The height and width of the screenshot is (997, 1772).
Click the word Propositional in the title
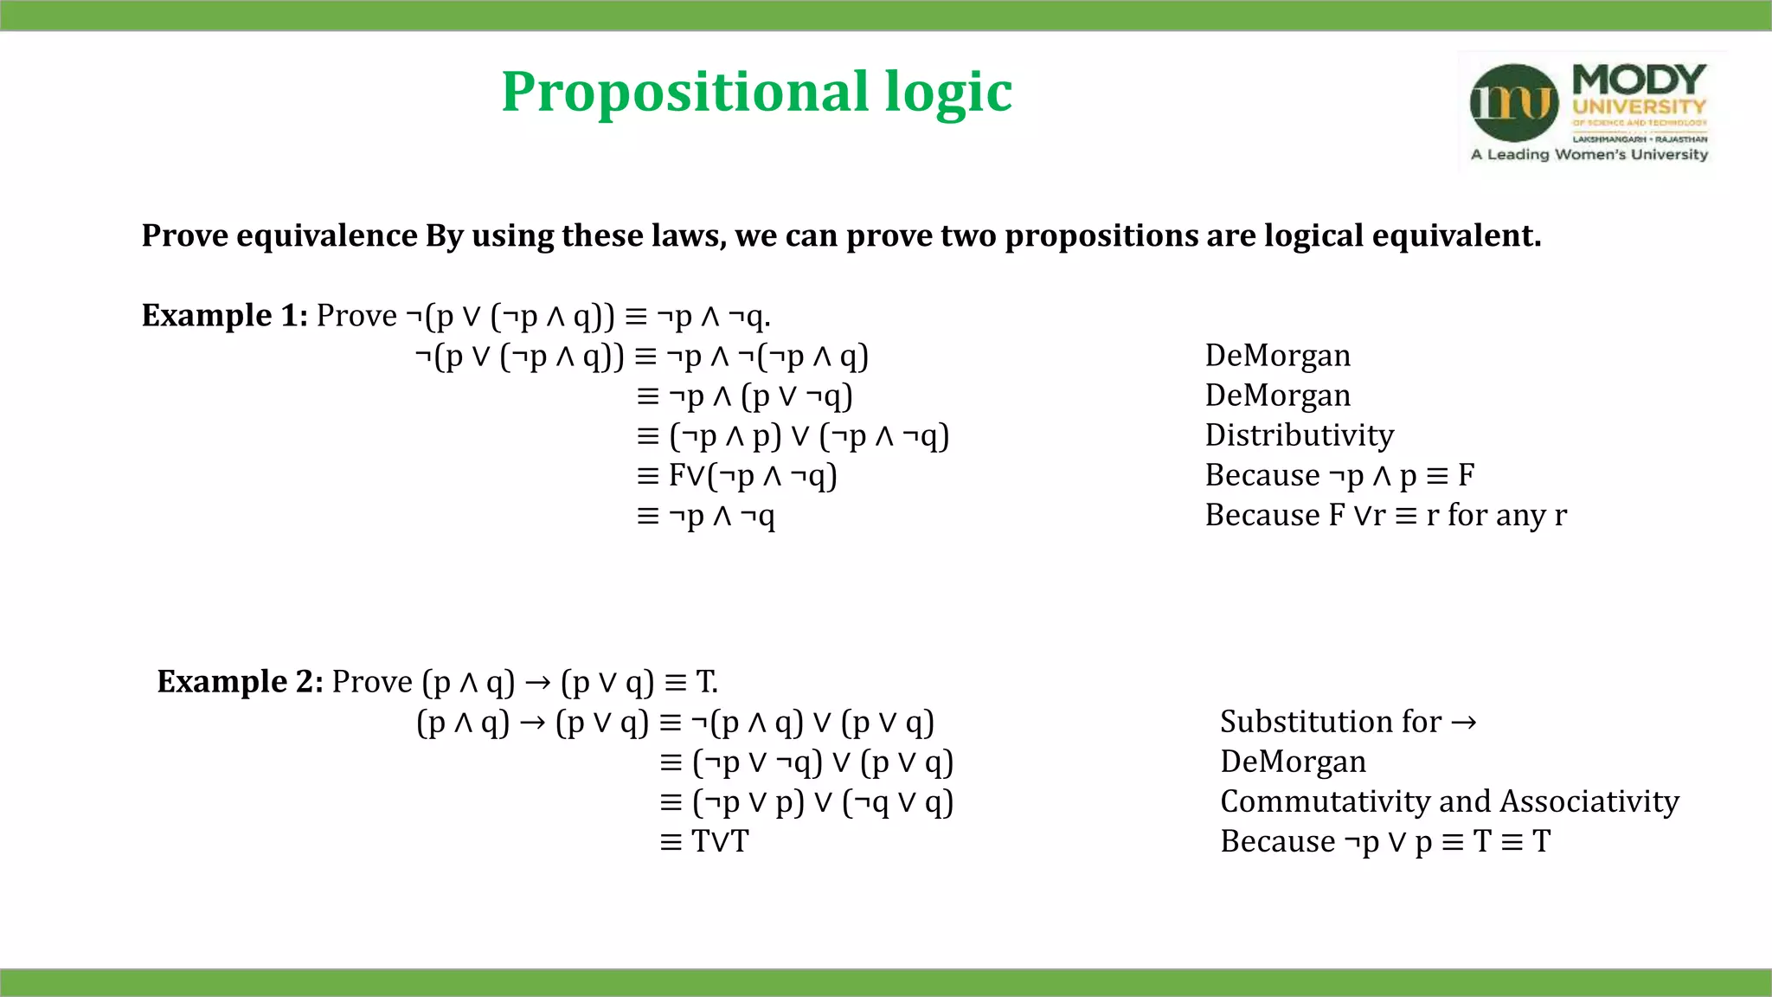tap(684, 92)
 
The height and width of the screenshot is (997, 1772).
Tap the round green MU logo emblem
tap(1514, 103)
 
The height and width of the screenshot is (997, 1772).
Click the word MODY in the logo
tap(1639, 80)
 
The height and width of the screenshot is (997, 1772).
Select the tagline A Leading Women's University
tap(1589, 155)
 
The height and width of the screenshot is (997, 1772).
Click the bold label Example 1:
tap(224, 315)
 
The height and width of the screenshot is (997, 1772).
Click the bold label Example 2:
tap(240, 682)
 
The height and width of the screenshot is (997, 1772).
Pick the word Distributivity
tap(1300, 435)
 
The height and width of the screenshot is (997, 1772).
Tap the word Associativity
tap(1589, 801)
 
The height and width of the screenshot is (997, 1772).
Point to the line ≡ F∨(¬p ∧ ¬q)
tap(736, 476)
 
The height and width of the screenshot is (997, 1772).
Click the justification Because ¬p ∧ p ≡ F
tap(1339, 476)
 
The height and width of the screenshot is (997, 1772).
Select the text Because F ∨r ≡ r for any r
tap(1385, 516)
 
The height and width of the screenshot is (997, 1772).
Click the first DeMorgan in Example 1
tap(1278, 356)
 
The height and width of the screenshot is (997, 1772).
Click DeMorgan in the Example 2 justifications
tap(1293, 762)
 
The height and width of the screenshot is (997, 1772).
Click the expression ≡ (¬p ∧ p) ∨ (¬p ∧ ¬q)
tap(793, 436)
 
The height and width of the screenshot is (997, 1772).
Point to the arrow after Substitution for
tap(1464, 723)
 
